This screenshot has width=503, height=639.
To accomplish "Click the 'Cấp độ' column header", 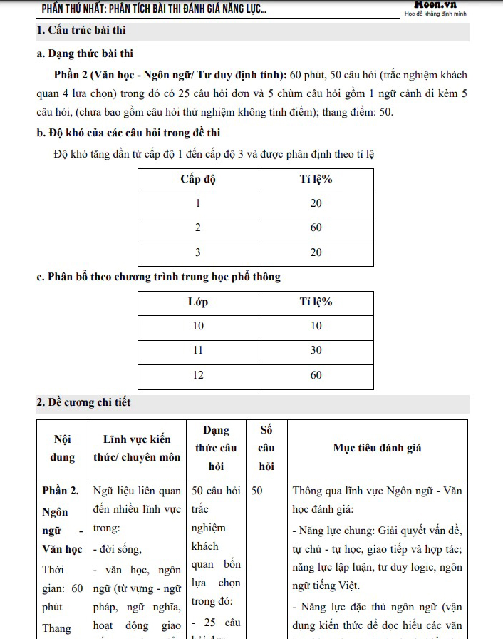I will (198, 179).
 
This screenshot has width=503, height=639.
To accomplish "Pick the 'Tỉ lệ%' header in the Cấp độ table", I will (316, 179).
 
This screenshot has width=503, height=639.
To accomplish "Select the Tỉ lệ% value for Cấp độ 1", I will (316, 203).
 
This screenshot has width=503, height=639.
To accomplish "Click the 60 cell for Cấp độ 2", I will (316, 228).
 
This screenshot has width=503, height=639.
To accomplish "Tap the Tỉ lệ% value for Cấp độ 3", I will (316, 252).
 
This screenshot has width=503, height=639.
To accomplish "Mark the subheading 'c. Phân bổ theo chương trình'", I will (158, 277).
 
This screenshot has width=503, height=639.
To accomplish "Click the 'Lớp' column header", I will (198, 302).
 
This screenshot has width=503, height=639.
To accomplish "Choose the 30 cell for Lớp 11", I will (316, 350).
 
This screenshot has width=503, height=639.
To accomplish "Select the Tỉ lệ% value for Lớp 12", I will (316, 375).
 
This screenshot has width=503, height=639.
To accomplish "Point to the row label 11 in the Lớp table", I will (198, 350).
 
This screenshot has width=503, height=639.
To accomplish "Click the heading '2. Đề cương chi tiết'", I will (83, 403).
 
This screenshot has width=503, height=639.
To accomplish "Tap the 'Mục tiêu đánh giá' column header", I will (377, 448).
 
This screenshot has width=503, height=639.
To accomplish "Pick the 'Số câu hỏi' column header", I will (266, 448).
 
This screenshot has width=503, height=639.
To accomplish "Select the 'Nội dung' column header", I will (62, 449).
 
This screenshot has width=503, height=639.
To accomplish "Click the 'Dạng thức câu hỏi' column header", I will (216, 448).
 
